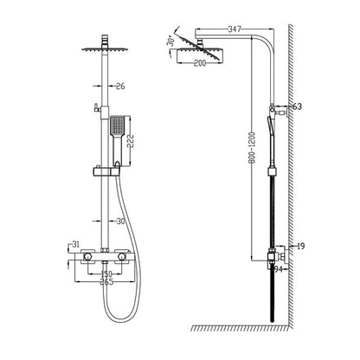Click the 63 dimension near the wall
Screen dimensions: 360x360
tap(298, 107)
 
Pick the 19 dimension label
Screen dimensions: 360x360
tap(299, 246)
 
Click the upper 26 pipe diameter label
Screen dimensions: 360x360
tap(120, 85)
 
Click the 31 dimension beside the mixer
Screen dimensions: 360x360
tap(76, 243)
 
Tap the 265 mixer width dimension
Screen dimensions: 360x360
tap(106, 281)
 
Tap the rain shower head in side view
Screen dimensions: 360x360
tap(199, 55)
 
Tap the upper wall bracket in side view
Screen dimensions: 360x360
tap(275, 109)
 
